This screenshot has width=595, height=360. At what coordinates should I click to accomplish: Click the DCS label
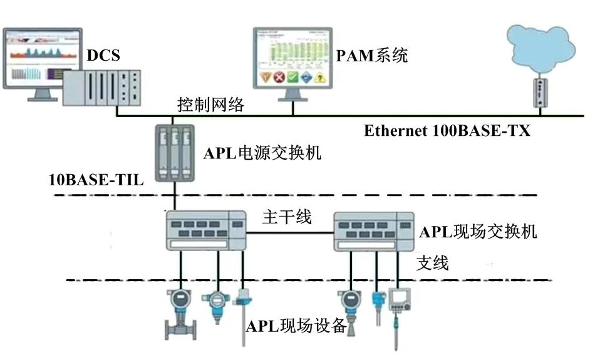click(x=103, y=56)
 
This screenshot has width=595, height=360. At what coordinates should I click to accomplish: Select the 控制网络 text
click(x=210, y=105)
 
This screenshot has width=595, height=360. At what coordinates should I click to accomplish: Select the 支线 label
click(x=433, y=263)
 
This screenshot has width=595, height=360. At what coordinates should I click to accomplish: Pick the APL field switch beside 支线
click(x=373, y=230)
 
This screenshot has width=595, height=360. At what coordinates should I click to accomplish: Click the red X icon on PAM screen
click(x=279, y=78)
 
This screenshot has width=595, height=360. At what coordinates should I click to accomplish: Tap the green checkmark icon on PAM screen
click(x=292, y=78)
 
